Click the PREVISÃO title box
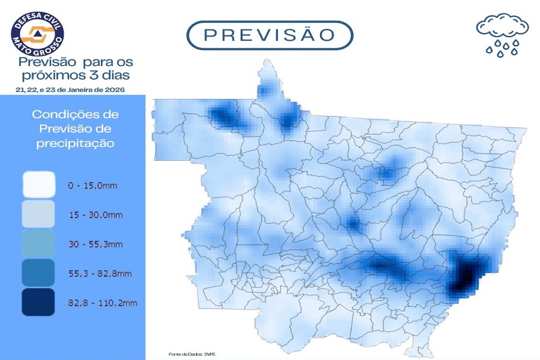click(x=269, y=35)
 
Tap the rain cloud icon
click(x=502, y=27)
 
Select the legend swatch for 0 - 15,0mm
click(x=38, y=185)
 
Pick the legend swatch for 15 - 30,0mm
click(x=38, y=214)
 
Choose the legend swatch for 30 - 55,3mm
click(x=38, y=244)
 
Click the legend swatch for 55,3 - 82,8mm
click(x=38, y=273)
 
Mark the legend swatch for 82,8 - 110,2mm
click(x=38, y=302)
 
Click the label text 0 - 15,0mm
click(x=92, y=187)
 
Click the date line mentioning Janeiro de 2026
click(x=71, y=89)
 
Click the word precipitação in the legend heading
click(x=76, y=143)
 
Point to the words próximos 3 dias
click(x=76, y=75)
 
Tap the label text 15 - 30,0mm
click(x=94, y=215)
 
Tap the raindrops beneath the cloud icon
click(x=502, y=48)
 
